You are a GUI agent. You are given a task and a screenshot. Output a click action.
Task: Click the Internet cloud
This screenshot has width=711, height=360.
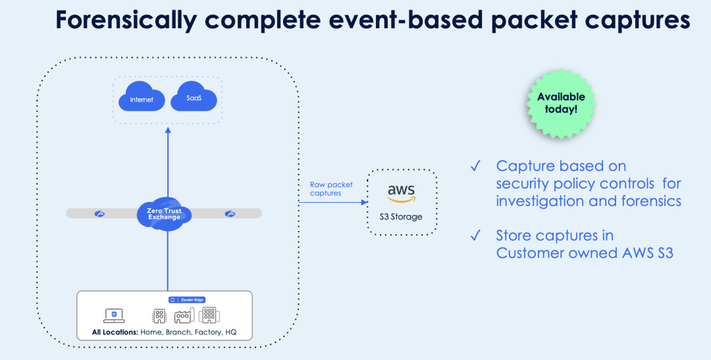click(x=142, y=99)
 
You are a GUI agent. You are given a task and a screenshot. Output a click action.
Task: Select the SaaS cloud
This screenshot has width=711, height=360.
click(x=194, y=97)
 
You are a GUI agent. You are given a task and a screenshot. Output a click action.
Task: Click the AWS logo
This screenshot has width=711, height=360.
click(x=401, y=193)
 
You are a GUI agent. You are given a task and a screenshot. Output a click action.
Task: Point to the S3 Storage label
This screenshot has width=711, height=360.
click(x=401, y=217)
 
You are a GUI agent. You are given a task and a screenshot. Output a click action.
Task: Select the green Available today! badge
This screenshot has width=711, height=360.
click(x=561, y=103)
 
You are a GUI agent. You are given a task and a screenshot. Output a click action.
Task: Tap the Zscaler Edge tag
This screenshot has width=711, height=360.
click(x=187, y=299)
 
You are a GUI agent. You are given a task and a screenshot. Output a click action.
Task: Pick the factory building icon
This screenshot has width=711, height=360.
click(x=182, y=316)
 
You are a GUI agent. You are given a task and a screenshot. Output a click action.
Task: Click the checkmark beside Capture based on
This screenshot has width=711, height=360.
click(x=475, y=166)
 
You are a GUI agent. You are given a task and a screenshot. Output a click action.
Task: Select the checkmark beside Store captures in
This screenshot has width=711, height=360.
click(x=475, y=235)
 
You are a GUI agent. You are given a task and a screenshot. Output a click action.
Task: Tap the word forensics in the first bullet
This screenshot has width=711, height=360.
click(x=646, y=201)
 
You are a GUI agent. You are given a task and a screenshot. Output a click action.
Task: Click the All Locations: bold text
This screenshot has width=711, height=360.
click(x=115, y=332)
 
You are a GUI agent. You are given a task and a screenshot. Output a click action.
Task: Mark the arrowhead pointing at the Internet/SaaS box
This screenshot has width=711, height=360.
click(x=167, y=130)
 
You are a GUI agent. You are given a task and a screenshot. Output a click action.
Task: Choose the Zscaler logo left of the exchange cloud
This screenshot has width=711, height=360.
click(x=100, y=213)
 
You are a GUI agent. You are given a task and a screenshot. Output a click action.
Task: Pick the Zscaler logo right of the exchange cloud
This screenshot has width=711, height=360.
click(x=230, y=213)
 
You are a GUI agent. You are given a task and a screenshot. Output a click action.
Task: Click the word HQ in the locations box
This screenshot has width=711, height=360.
click(x=230, y=332)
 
